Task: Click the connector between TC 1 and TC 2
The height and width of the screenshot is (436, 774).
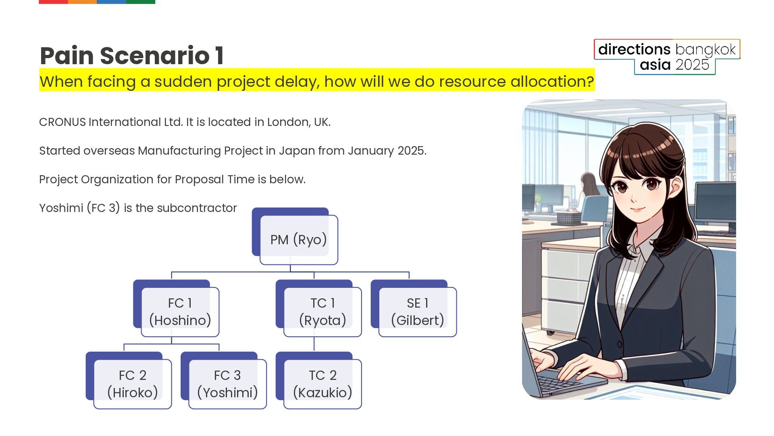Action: [x=314, y=344]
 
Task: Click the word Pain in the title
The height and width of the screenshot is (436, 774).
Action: [x=67, y=55]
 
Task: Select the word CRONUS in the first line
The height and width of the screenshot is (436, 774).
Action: [x=62, y=122]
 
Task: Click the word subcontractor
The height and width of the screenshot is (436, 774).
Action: [x=197, y=208]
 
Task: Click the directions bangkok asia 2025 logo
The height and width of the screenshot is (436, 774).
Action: [x=667, y=57]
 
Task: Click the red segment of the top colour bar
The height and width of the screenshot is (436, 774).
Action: [x=53, y=2]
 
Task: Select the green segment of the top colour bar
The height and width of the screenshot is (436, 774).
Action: [x=141, y=2]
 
